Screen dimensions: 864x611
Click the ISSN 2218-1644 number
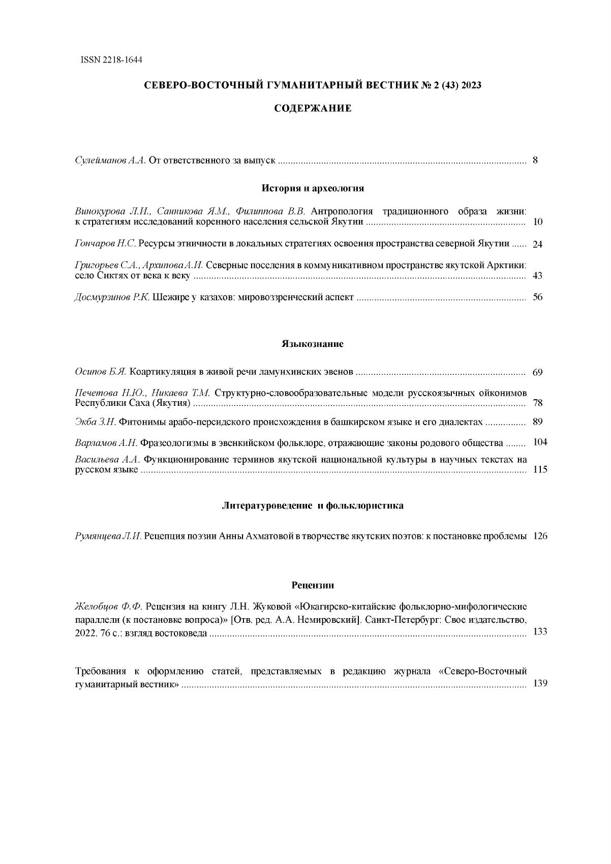[111, 60]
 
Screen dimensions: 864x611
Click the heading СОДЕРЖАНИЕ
[313, 108]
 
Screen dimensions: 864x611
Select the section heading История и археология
[313, 188]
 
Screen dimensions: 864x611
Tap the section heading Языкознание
[313, 344]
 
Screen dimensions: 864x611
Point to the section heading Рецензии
[313, 585]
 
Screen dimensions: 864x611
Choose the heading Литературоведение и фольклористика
[313, 506]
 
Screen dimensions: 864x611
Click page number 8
[535, 161]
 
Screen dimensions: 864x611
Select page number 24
[537, 244]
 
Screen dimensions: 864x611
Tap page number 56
[537, 297]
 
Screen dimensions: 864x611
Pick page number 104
[540, 442]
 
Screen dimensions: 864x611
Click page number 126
[540, 536]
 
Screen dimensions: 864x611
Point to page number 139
[540, 684]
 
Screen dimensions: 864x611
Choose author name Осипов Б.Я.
[100, 372]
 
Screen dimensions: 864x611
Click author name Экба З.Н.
[96, 422]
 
